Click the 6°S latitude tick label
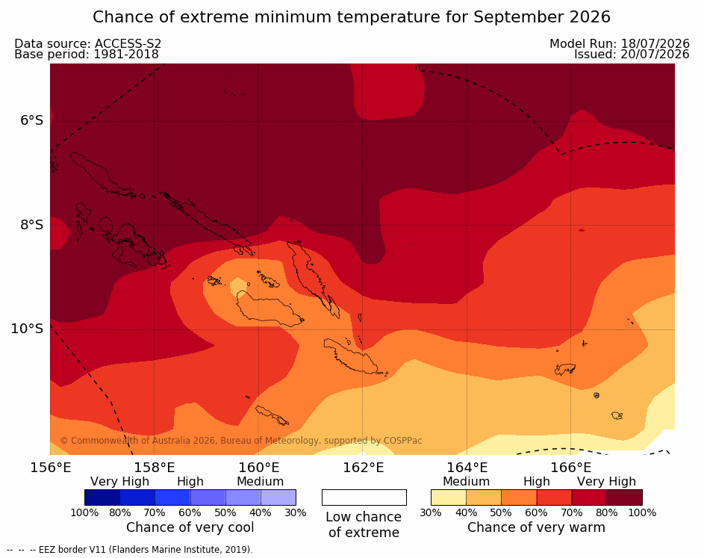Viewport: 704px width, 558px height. (32, 120)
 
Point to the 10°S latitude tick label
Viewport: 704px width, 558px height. (28, 329)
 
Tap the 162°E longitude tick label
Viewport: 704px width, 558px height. (364, 468)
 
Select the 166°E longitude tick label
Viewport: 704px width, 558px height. (570, 468)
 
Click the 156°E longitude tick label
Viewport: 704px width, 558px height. (50, 468)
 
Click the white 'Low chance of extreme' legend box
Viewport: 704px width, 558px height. (364, 497)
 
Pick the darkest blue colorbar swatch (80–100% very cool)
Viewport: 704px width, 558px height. (102, 497)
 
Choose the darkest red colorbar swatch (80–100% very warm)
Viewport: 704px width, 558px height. (625, 497)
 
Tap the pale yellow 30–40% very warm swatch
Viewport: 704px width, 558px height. (449, 497)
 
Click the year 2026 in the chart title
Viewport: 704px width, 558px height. (590, 17)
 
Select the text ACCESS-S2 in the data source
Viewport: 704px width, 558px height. (128, 43)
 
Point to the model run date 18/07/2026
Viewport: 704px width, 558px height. (655, 43)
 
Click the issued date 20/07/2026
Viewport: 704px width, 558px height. (655, 55)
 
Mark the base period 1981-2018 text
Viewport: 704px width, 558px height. (125, 55)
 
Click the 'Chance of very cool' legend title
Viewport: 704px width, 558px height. (190, 527)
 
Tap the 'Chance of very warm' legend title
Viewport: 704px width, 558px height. (536, 527)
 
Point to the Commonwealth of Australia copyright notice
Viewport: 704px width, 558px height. (241, 440)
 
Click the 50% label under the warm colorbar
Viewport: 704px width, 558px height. (501, 512)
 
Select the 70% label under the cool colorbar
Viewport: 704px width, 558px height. (155, 512)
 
